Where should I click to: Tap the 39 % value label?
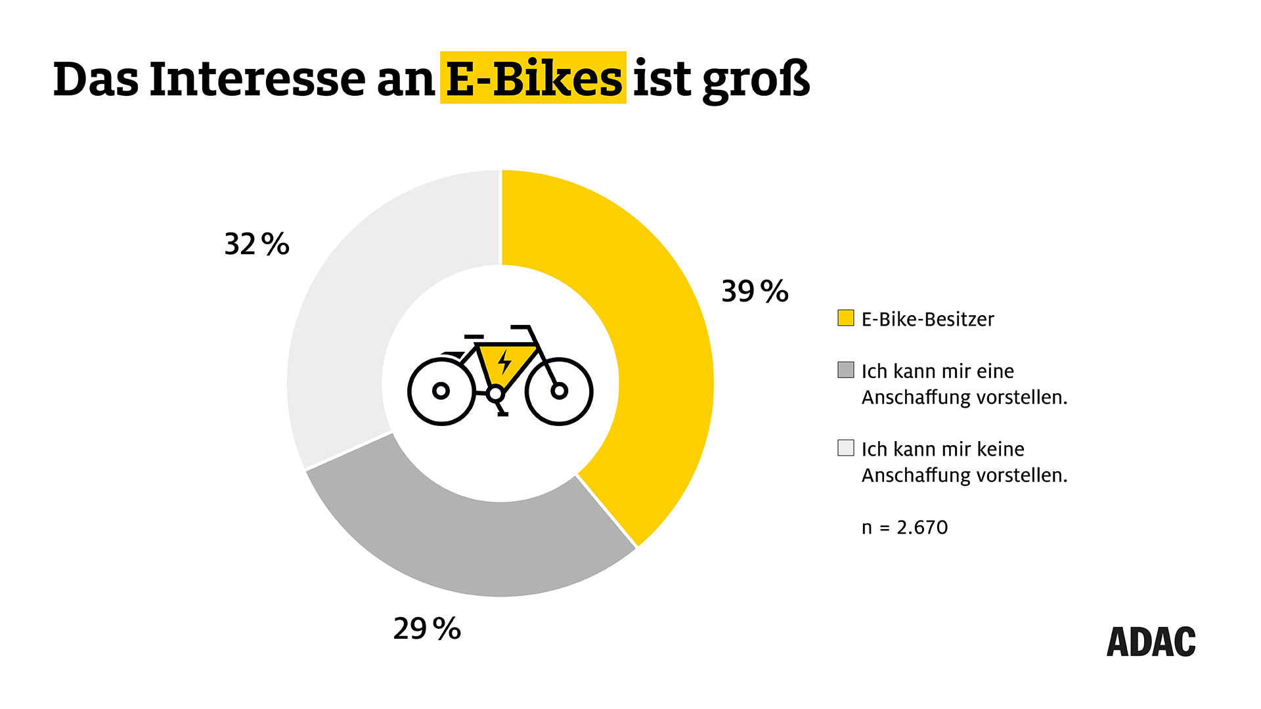(x=755, y=291)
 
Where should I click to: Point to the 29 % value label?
(x=427, y=629)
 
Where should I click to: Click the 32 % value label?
(x=257, y=244)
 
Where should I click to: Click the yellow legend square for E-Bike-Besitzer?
(x=846, y=318)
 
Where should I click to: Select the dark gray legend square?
(x=846, y=370)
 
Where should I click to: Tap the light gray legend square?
(x=846, y=448)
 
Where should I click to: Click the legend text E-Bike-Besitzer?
(x=927, y=319)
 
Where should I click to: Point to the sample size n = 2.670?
(x=904, y=527)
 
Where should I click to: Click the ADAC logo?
(x=1151, y=642)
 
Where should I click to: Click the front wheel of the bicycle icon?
(x=559, y=391)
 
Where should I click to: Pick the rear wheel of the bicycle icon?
(x=441, y=391)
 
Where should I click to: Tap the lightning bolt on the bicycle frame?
(x=504, y=362)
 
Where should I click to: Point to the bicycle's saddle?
(x=473, y=337)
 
